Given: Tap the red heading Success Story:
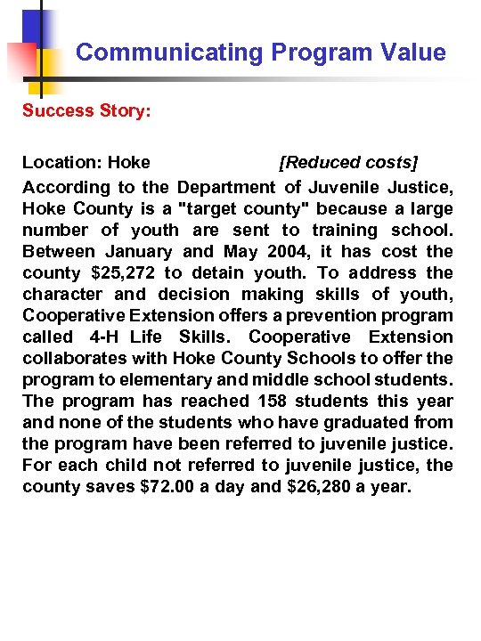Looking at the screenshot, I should pyautogui.click(x=76, y=110).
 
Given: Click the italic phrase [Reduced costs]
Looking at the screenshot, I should pyautogui.click(x=348, y=162).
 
